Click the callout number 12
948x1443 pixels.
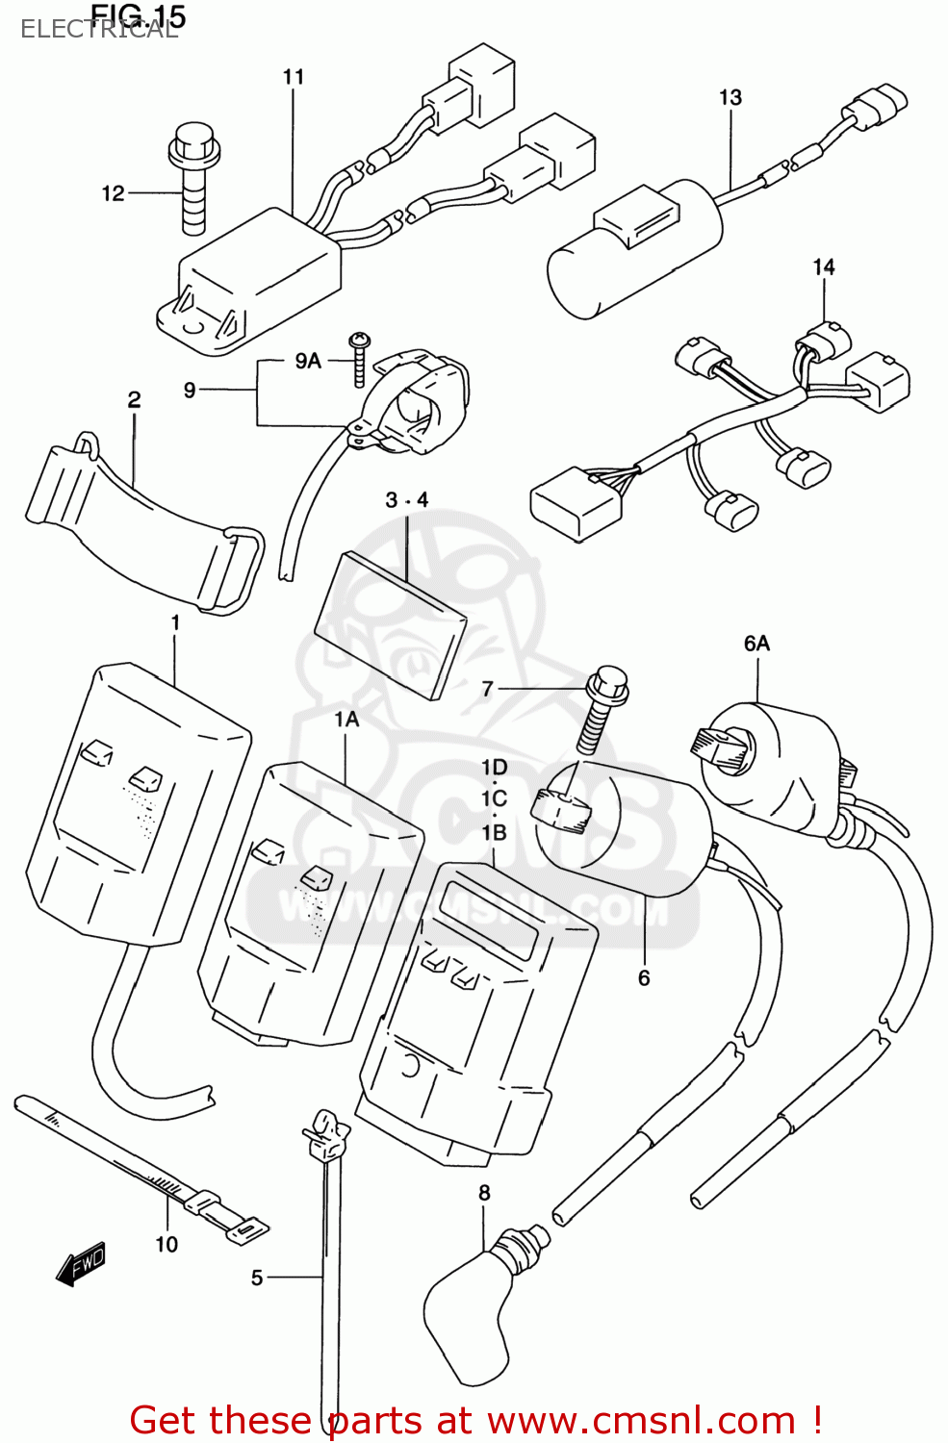[113, 193]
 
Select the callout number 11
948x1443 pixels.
[294, 77]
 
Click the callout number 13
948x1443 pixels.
[730, 97]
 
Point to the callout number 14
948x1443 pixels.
[824, 266]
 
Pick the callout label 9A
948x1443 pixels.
[308, 361]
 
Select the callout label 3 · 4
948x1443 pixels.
[406, 500]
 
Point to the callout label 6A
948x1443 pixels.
[756, 643]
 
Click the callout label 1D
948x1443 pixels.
[494, 767]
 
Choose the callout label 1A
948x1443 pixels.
[346, 719]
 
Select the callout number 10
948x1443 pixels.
[167, 1245]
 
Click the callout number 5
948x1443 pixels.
[257, 1278]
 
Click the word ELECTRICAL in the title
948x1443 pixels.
[99, 30]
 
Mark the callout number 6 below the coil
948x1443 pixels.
[644, 978]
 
